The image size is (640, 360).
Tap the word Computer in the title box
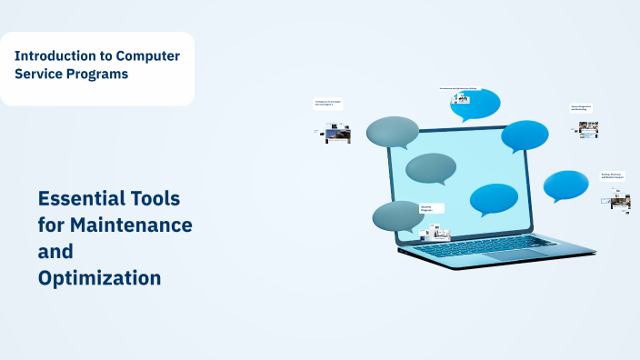(145, 55)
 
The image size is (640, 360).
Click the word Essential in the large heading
(79, 197)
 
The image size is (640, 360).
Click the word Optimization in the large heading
(99, 278)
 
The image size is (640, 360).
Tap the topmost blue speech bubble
(475, 105)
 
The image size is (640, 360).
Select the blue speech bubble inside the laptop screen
(494, 198)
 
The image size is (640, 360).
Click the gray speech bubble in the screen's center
(430, 167)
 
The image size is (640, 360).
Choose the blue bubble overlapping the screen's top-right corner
(525, 135)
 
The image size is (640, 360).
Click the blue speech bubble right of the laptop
(566, 185)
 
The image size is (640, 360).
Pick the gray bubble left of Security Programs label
(396, 215)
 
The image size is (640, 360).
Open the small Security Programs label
(431, 209)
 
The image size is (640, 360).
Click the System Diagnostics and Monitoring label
(582, 108)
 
